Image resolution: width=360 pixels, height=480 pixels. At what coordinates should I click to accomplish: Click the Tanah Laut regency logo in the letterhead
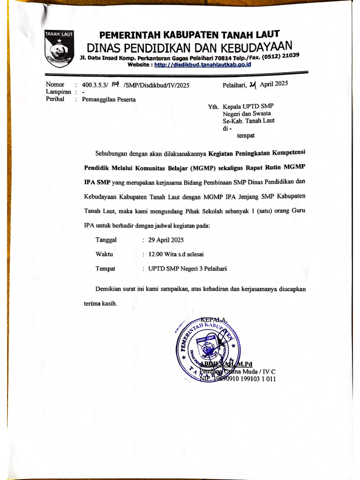click(x=60, y=49)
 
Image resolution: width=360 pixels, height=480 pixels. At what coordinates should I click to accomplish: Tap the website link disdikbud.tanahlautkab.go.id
click(x=202, y=64)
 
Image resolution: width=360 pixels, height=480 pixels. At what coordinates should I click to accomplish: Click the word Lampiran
click(x=58, y=92)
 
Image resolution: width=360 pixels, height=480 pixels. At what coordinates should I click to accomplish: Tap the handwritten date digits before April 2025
click(x=253, y=85)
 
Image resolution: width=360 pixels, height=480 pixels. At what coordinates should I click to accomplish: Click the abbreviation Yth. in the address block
click(x=214, y=106)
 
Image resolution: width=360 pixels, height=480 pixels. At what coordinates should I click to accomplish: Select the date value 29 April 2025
click(x=166, y=240)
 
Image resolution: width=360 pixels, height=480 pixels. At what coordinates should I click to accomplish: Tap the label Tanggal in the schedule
click(x=106, y=240)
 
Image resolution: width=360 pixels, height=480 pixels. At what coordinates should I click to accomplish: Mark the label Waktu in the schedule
click(x=104, y=254)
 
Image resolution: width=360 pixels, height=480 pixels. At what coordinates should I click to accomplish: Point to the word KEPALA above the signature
click(x=214, y=320)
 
